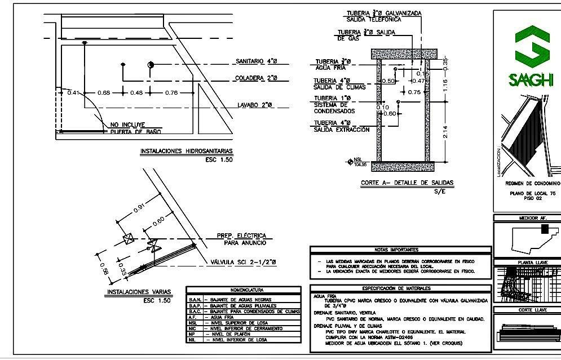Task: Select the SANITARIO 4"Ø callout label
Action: click(x=257, y=61)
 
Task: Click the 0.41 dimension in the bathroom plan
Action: click(x=73, y=92)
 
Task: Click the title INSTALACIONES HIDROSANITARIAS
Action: click(x=185, y=152)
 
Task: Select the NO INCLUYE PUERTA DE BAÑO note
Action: click(x=135, y=128)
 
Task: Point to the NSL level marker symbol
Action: click(x=350, y=161)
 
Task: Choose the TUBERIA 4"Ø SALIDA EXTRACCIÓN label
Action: click(x=342, y=126)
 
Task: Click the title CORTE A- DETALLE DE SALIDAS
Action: click(x=407, y=183)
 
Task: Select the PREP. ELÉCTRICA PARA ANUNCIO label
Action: click(x=241, y=239)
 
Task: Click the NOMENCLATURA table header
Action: click(x=243, y=290)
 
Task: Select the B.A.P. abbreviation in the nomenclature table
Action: click(x=195, y=305)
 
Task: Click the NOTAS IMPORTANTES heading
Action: click(x=400, y=250)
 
